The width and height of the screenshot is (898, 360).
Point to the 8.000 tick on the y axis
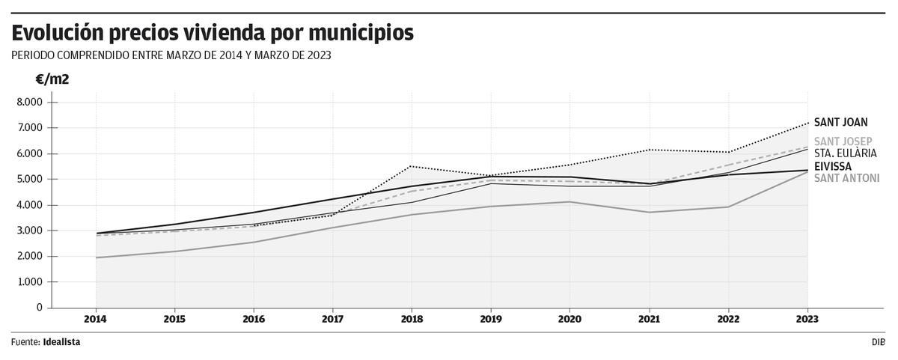pos(31,102)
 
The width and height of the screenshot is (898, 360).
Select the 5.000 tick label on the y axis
pos(31,180)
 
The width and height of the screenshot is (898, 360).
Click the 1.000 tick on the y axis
pos(31,282)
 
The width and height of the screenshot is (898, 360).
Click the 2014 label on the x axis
pos(96,319)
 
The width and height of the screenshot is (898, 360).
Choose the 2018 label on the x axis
pos(411,319)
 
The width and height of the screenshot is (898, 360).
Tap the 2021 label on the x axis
pos(648,319)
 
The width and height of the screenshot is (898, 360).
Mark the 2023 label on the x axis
pos(807,319)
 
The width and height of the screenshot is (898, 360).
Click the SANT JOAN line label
pos(840,123)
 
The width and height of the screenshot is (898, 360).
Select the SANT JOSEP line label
pos(843,141)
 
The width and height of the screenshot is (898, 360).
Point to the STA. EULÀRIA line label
pos(845,153)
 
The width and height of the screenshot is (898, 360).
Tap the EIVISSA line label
pos(834,166)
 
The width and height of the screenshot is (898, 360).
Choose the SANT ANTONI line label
pos(846,178)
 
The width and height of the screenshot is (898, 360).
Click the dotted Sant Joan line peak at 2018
pos(411,166)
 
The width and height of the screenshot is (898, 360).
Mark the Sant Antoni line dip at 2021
pos(648,212)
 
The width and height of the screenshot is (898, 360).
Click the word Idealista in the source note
pos(62,342)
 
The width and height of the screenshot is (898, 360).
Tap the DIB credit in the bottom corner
pos(877,342)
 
